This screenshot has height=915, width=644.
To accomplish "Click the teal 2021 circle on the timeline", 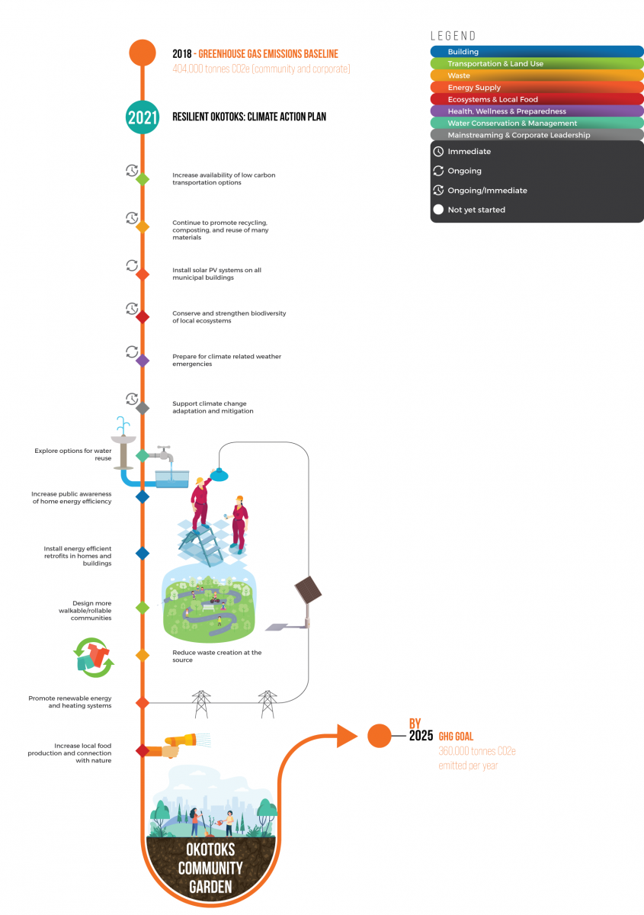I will pyautogui.click(x=142, y=117).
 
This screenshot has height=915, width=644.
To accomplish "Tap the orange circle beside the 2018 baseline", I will pyautogui.click(x=142, y=53).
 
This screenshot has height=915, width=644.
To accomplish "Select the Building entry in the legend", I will pyautogui.click(x=537, y=52).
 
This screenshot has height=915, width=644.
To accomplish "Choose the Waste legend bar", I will pyautogui.click(x=537, y=75).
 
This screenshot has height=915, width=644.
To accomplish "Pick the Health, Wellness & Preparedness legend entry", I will pyautogui.click(x=537, y=111).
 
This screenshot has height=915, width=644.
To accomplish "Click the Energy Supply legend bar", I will pyautogui.click(x=537, y=88).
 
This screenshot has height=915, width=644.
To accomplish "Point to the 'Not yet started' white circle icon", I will pyautogui.click(x=438, y=210).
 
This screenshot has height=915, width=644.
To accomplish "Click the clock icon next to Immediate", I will pyautogui.click(x=438, y=152).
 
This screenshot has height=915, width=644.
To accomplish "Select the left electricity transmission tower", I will pyautogui.click(x=201, y=704).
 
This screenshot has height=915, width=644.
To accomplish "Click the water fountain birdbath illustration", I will pyautogui.click(x=123, y=442).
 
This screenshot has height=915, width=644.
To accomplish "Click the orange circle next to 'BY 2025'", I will pyautogui.click(x=380, y=736).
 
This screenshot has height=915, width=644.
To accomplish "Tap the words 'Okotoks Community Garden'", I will pyautogui.click(x=210, y=868).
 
